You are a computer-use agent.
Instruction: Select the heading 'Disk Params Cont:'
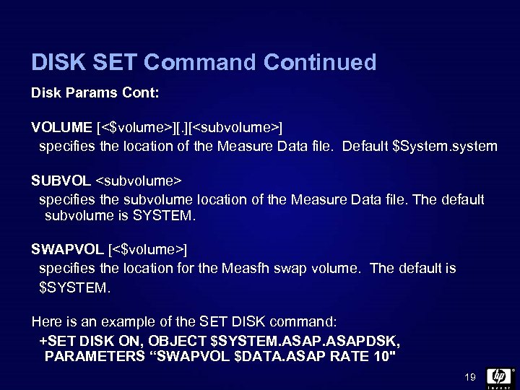coord(95,94)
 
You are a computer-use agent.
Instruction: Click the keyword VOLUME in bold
coord(61,128)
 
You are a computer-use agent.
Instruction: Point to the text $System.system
coord(444,147)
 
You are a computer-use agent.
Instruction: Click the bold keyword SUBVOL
coord(61,180)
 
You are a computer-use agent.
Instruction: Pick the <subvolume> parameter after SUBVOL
coord(138,180)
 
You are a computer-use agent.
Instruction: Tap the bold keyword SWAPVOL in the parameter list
coord(67,250)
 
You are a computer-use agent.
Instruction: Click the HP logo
coord(499,376)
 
